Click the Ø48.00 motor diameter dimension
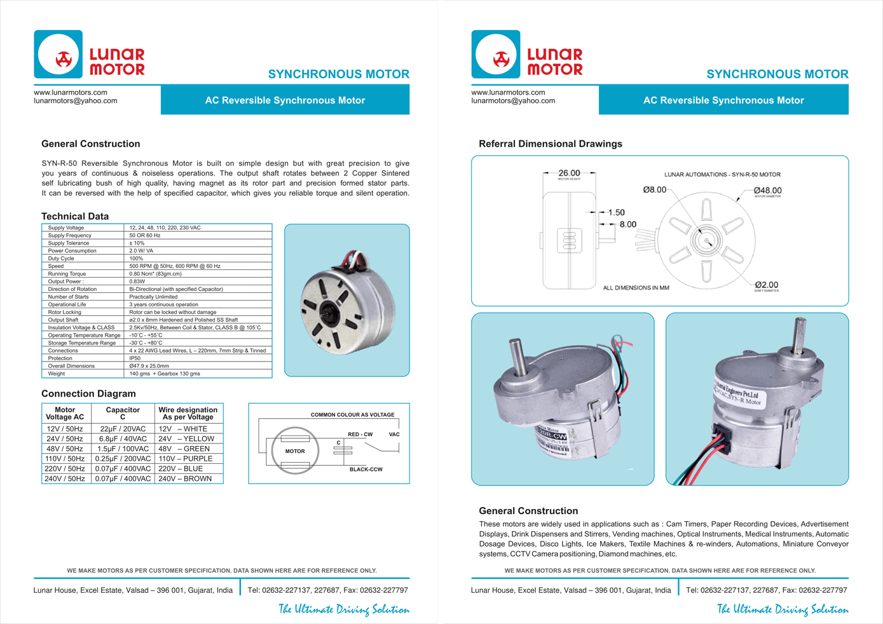(x=767, y=191)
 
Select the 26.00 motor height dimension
(x=569, y=173)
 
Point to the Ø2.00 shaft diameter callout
(x=767, y=285)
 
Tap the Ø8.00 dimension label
(x=654, y=189)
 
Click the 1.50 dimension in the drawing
(x=616, y=212)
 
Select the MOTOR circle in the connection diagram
(x=294, y=451)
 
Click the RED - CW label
(x=360, y=435)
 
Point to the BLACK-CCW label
(x=366, y=470)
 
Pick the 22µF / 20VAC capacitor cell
(x=123, y=429)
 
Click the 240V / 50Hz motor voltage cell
(x=65, y=478)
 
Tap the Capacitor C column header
(x=123, y=413)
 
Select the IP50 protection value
(x=135, y=358)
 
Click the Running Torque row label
(x=67, y=274)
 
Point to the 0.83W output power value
(x=137, y=281)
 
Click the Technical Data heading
(x=75, y=216)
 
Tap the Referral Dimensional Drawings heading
(x=550, y=144)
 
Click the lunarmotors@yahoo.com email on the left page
(x=75, y=100)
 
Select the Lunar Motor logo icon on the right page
(x=496, y=55)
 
